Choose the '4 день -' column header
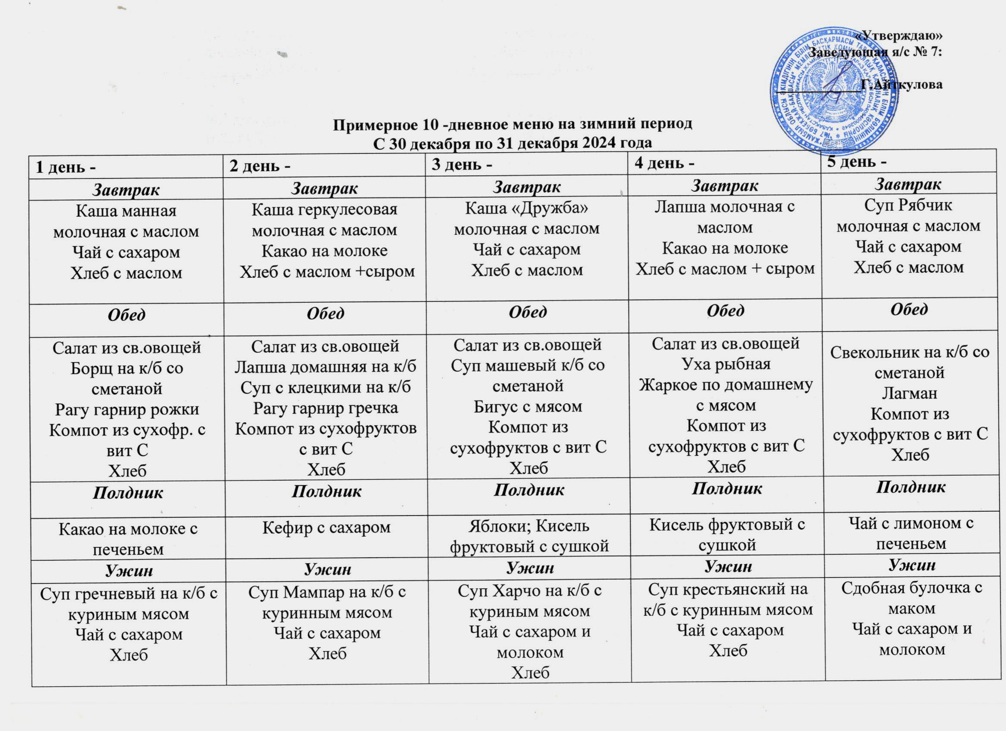[x=664, y=163]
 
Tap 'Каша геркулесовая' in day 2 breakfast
[x=325, y=209]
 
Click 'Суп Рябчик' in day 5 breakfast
[x=908, y=205]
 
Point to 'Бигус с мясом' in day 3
[x=528, y=406]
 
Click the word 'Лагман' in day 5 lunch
[x=909, y=393]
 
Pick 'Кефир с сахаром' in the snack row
[x=327, y=528]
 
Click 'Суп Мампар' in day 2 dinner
[x=327, y=592]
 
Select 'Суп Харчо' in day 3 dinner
[x=530, y=591]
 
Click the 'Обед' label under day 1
[x=127, y=315]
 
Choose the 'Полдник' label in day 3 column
[x=529, y=490]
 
